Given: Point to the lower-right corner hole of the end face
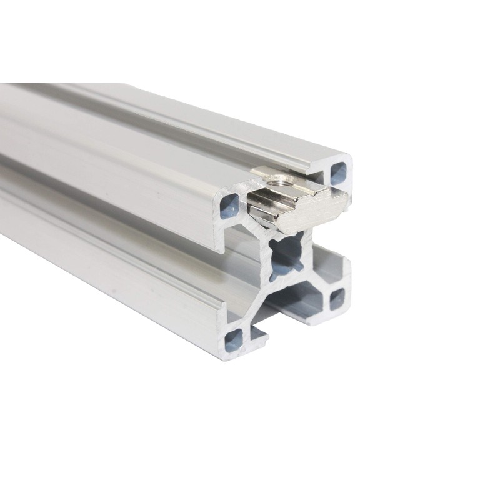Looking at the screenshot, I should click(x=337, y=296).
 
